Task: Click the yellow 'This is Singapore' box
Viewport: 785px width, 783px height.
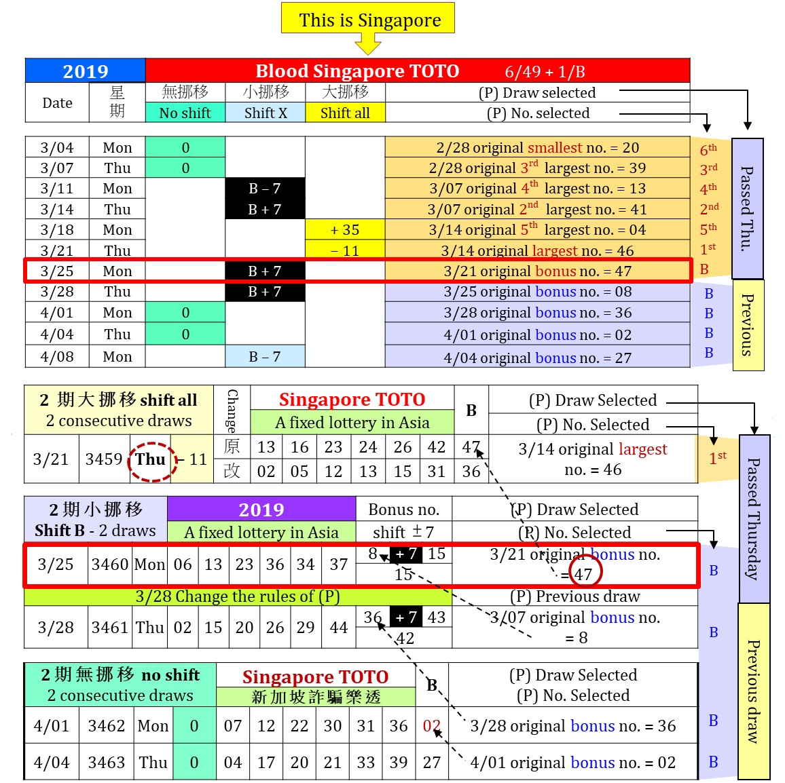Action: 368,18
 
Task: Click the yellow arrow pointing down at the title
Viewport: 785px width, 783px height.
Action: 368,45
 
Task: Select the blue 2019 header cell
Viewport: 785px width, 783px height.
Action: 86,71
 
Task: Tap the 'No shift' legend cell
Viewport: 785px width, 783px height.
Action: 185,113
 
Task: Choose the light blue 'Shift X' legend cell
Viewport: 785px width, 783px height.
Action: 266,113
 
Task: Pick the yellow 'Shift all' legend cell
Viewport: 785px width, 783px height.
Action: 345,113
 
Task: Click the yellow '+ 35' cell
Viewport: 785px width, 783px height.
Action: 345,229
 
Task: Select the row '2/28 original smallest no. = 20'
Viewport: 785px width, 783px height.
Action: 537,147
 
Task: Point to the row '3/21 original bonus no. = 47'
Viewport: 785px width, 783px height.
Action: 537,271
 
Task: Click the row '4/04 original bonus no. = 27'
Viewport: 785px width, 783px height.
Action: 537,357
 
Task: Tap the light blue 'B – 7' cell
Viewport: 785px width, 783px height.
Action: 265,356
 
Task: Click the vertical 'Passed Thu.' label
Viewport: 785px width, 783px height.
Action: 747,208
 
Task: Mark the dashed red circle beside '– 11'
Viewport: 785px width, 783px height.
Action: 152,462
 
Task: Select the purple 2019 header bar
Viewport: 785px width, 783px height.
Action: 261,509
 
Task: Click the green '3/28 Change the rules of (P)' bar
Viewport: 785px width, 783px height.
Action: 238,596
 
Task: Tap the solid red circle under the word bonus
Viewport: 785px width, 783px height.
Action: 585,571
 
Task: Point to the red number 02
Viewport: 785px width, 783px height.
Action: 432,725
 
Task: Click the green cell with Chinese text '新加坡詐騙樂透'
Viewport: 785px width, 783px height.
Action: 316,697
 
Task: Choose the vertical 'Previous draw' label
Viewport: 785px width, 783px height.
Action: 753,691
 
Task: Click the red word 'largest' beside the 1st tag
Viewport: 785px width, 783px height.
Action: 643,448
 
